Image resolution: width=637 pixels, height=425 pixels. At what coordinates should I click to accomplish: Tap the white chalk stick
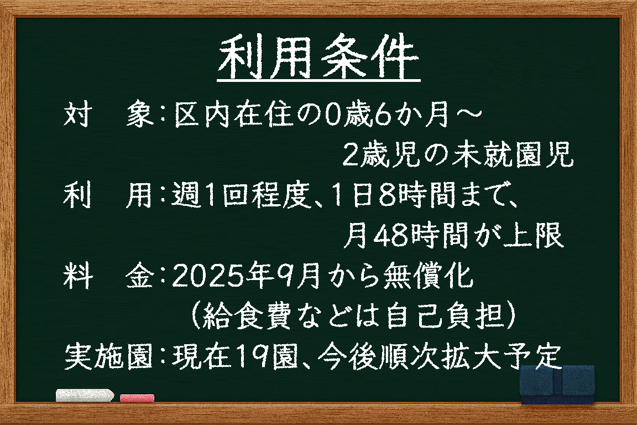click(x=85, y=395)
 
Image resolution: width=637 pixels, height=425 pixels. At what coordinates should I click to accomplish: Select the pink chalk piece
click(x=137, y=397)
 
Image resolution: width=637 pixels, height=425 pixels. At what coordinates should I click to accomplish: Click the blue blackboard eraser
click(x=557, y=385)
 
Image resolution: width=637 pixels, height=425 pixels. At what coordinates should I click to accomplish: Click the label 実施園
click(x=108, y=356)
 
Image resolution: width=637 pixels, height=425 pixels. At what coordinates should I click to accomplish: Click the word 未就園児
click(x=512, y=154)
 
